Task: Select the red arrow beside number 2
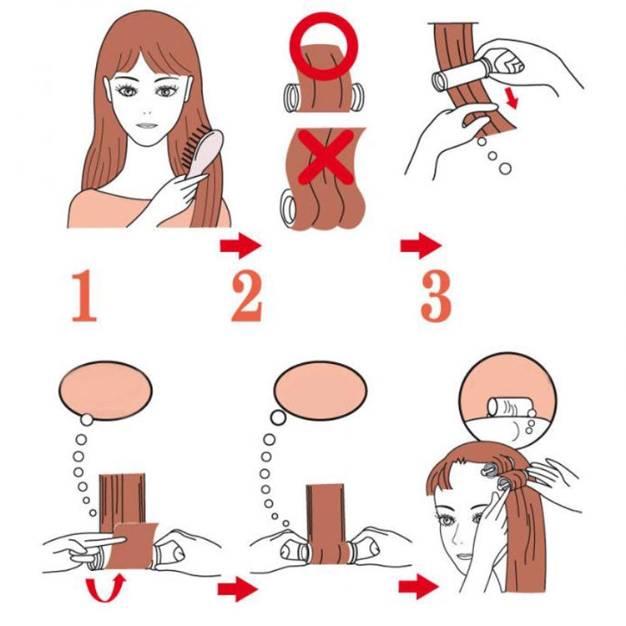[240, 246]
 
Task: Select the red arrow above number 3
[421, 246]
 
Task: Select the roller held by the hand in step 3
[455, 79]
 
